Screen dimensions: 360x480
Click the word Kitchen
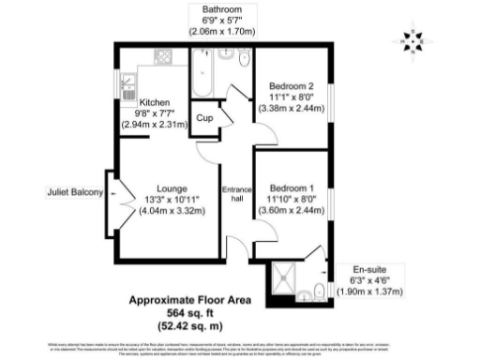(154, 102)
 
